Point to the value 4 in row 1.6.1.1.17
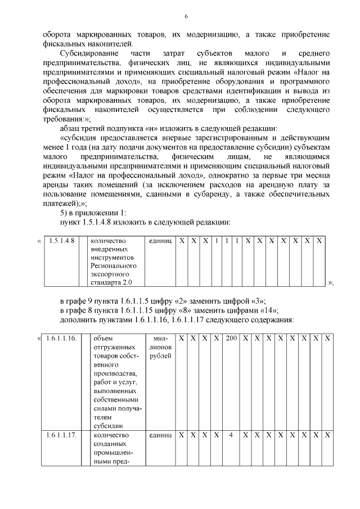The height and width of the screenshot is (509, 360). [231, 435]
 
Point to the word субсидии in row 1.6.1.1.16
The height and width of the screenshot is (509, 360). [107, 425]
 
